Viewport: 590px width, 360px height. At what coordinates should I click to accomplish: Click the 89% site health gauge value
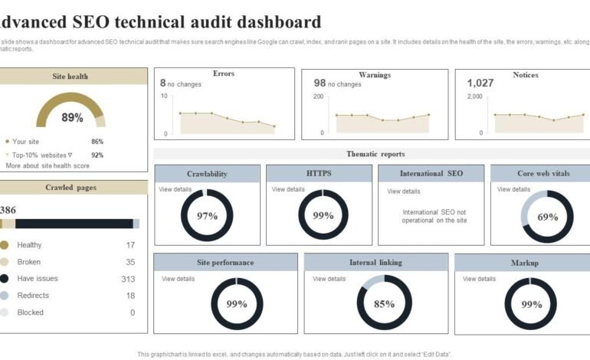[72, 117]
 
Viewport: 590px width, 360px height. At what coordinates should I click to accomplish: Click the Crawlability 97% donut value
[207, 216]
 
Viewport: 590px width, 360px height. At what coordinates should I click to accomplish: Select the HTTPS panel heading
[319, 174]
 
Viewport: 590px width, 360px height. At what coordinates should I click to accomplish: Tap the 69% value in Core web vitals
[547, 217]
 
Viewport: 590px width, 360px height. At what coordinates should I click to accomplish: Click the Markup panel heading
[524, 263]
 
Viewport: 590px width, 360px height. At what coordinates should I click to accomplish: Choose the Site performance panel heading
[225, 263]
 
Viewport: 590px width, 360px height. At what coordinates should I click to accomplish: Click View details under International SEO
[404, 191]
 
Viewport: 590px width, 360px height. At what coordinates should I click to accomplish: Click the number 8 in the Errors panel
[162, 83]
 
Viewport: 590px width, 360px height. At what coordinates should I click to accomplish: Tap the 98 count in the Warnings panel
[320, 83]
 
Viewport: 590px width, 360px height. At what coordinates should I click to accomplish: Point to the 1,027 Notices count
[480, 83]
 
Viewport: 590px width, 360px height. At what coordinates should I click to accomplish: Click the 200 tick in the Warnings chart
[318, 97]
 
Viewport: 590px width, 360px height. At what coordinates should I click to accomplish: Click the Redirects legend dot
[5, 296]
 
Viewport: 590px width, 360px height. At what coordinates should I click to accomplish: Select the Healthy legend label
[29, 245]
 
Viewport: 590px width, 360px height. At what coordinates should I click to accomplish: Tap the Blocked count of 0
[133, 313]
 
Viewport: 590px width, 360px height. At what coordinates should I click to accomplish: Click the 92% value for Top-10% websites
[97, 155]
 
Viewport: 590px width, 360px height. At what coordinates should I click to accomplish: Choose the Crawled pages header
[70, 188]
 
